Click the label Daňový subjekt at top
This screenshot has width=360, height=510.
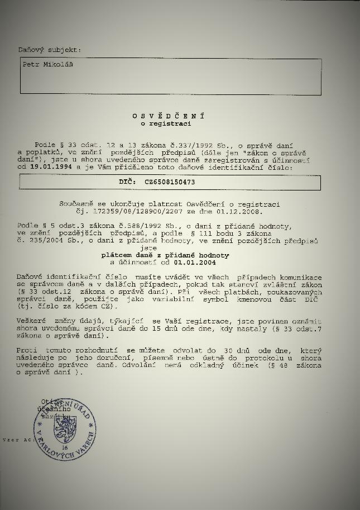pos(49,50)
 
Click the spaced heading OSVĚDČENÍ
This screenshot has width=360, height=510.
pos(168,116)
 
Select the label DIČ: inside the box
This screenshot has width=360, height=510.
pos(127,182)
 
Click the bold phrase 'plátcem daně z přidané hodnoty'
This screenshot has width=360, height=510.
pos(169,255)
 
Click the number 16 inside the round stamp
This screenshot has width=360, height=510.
pos(65,449)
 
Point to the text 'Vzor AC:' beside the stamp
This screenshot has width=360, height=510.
pos(15,440)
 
